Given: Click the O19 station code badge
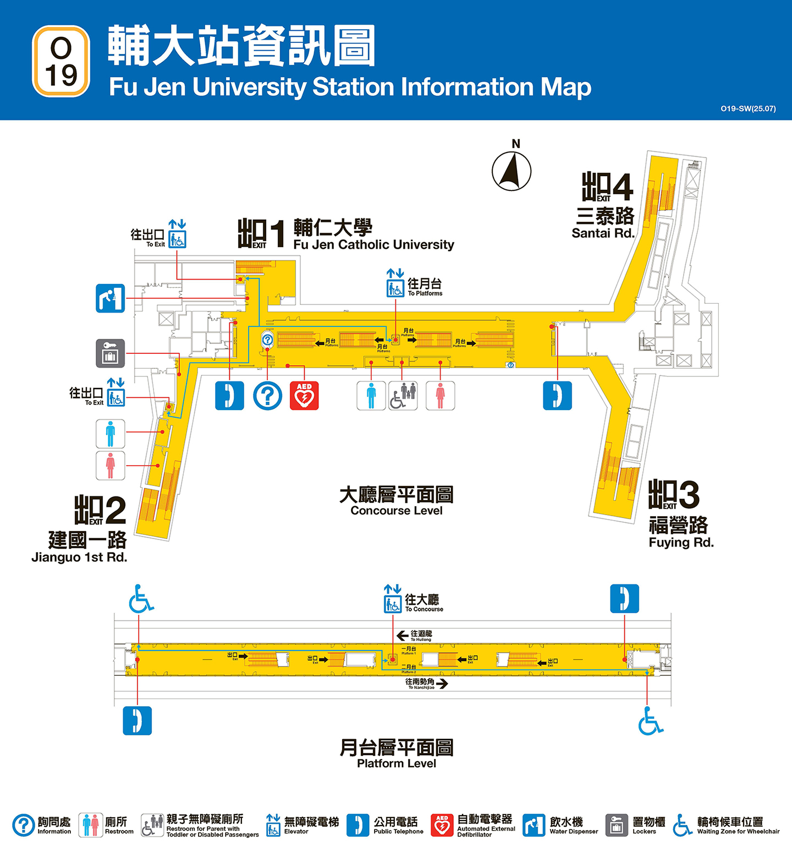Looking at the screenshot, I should tap(61, 61).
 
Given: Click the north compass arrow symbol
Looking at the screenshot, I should tap(512, 171).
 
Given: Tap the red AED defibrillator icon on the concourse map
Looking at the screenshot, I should tap(304, 396).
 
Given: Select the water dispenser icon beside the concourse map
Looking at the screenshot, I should tap(111, 298).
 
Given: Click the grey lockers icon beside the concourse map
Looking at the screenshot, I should tap(111, 353).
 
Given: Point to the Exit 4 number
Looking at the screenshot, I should tap(622, 187).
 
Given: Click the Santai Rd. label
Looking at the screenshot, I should tap(603, 233).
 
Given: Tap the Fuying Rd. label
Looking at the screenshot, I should tap(681, 542).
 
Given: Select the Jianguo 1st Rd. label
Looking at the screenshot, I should tap(79, 557).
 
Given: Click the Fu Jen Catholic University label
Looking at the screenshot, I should tap(373, 244).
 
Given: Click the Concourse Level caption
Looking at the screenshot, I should tap(396, 510).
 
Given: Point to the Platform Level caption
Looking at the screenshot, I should tap(396, 763).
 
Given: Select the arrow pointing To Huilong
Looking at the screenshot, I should tap(402, 635).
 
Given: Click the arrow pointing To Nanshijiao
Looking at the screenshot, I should tap(442, 684).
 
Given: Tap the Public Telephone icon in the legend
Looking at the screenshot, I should tap(358, 825).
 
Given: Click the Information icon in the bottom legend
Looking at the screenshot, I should tap(24, 825).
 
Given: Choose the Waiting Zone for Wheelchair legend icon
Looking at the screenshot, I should tap(683, 825).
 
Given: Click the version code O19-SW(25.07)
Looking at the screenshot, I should tap(748, 108).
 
